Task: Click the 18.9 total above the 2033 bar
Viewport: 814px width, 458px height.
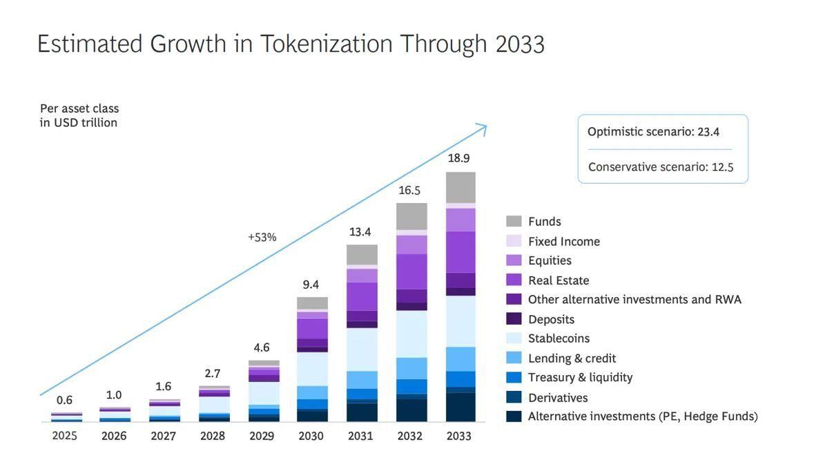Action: click(458, 158)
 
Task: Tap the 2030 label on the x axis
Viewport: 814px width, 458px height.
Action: click(311, 436)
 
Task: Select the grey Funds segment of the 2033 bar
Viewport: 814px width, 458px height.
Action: click(461, 187)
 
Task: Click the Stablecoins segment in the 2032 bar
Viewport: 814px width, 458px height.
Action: click(411, 334)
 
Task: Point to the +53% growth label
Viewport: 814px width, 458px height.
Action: click(262, 237)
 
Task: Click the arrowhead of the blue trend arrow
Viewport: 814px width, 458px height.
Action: click(483, 128)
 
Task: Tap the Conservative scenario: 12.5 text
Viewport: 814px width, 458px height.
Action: click(660, 166)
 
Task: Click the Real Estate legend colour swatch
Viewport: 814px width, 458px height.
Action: click(514, 280)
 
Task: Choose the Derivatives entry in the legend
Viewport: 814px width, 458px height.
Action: click(557, 398)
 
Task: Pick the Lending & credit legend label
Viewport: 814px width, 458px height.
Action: click(572, 359)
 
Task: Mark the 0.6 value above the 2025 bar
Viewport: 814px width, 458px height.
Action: click(64, 400)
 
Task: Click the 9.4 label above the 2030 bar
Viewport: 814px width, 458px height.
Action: click(311, 285)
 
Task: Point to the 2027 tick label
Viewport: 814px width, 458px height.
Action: click(164, 436)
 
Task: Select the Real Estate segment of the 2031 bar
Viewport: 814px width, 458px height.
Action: click(362, 296)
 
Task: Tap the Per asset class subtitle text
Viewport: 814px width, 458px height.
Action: click(79, 108)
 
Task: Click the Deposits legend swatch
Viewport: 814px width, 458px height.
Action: click(514, 319)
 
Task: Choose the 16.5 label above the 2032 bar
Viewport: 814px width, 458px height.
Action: click(409, 190)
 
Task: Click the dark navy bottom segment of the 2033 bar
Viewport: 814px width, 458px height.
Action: click(461, 408)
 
